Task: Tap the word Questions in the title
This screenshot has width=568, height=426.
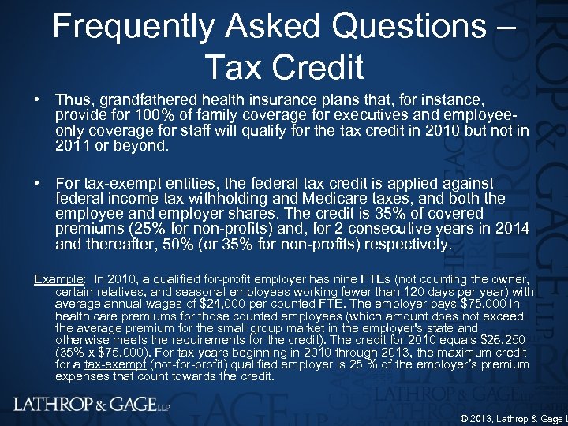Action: pos(406,28)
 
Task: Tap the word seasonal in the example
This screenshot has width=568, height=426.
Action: pos(222,293)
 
